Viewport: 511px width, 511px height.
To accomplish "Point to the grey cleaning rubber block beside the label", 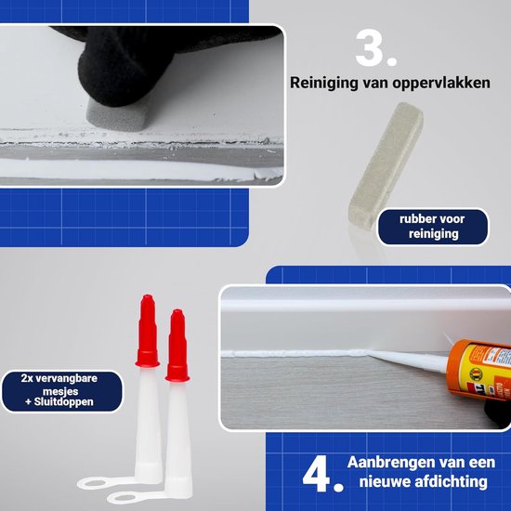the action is (386, 165).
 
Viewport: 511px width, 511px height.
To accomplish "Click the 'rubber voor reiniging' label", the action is (433, 227).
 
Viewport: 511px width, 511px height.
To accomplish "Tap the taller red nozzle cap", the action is (148, 331).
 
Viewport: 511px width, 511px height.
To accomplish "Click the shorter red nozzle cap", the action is (177, 346).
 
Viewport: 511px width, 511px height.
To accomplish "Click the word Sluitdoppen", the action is (63, 401).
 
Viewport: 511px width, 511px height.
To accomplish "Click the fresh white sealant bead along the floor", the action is (295, 353).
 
